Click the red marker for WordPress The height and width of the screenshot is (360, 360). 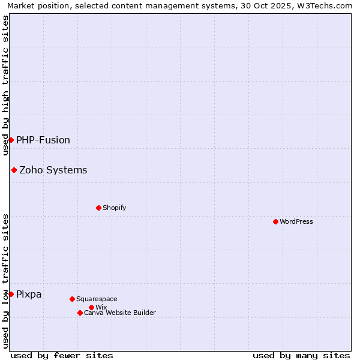[275, 221]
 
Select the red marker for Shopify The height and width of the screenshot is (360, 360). [98, 208]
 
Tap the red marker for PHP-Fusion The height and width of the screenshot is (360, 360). [11, 140]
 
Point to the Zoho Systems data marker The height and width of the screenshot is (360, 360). [14, 170]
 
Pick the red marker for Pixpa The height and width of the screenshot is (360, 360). [11, 294]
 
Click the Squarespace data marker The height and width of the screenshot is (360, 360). [72, 299]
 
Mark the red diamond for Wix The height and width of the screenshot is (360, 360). [91, 307]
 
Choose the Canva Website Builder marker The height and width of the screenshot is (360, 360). [80, 313]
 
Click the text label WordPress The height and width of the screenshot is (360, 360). [296, 221]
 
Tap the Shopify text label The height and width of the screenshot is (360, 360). [114, 208]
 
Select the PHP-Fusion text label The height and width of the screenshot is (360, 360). [43, 140]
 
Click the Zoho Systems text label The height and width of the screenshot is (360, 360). [53, 170]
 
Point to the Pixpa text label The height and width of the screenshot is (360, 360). [29, 294]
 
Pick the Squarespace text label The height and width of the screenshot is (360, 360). [97, 299]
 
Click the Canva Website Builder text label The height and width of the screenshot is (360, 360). [120, 313]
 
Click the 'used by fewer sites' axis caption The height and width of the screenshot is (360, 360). [62, 355]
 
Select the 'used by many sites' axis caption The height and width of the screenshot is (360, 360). [301, 355]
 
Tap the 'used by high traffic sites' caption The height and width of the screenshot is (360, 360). [5, 85]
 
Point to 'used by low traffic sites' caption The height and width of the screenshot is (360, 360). [5, 281]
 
